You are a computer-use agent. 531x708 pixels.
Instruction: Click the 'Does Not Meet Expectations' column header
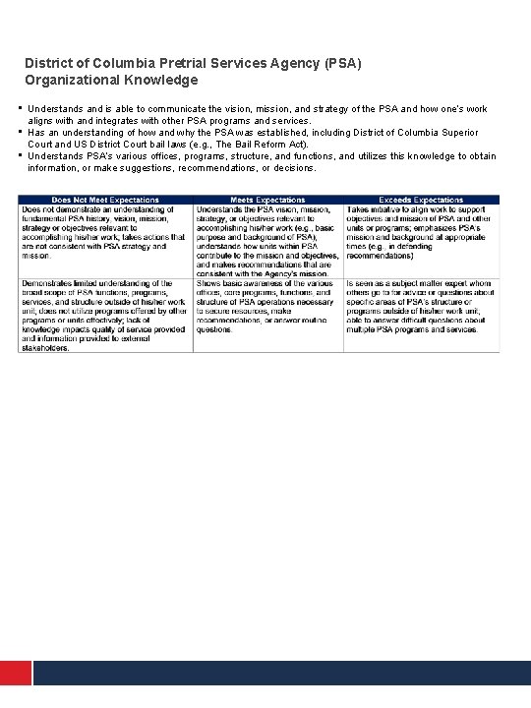pyautogui.click(x=105, y=200)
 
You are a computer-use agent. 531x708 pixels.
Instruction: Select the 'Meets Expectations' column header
pyautogui.click(x=267, y=200)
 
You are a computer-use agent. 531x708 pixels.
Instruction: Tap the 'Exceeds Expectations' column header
pyautogui.click(x=421, y=200)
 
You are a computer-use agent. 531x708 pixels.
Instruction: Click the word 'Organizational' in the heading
pyautogui.click(x=71, y=80)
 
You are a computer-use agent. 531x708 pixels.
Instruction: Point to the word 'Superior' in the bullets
pyautogui.click(x=459, y=132)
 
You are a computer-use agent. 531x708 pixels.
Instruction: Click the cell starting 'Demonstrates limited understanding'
pyautogui.click(x=105, y=315)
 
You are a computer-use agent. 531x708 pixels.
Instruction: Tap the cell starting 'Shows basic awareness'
pyautogui.click(x=267, y=307)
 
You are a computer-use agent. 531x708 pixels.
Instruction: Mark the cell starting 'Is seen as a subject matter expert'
pyautogui.click(x=421, y=307)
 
